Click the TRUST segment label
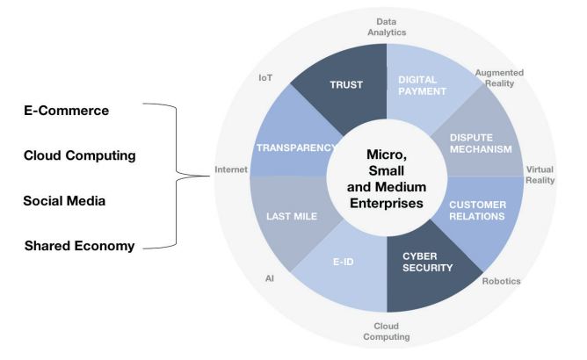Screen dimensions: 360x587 (x=345, y=84)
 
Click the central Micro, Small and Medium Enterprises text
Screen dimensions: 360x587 (x=388, y=178)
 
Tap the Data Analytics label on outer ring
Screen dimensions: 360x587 (x=388, y=25)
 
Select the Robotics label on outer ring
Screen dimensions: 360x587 (x=501, y=281)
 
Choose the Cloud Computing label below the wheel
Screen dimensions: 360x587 (x=387, y=332)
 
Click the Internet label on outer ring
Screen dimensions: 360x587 (x=229, y=169)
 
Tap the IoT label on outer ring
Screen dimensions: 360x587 (x=265, y=77)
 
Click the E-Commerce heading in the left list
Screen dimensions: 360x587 (x=67, y=112)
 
